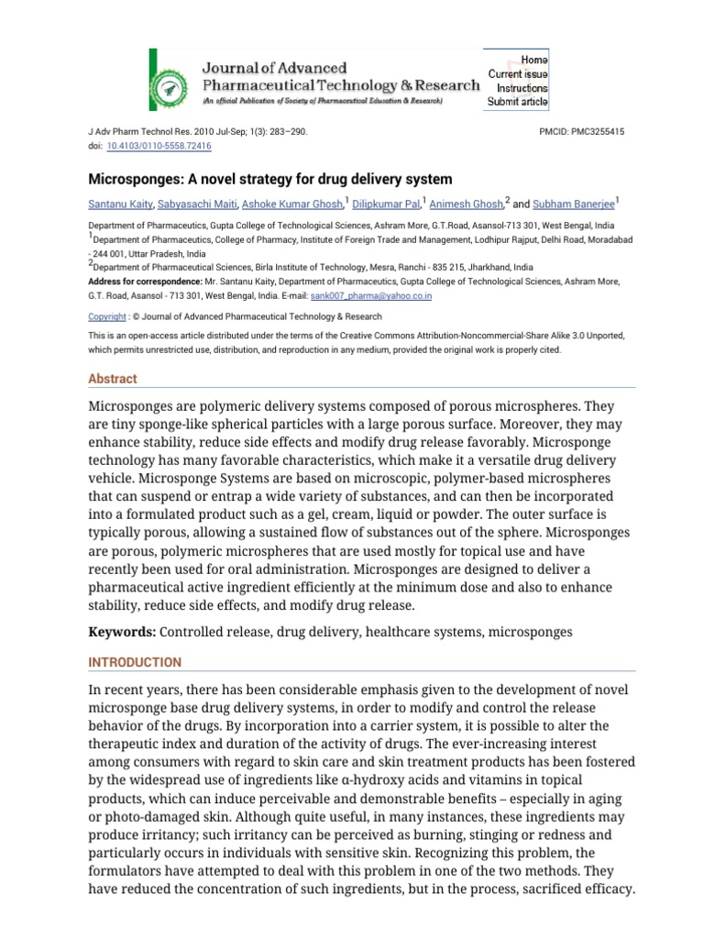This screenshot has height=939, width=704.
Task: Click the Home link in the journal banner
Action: pyautogui.click(x=533, y=59)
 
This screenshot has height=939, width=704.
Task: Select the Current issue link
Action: pyautogui.click(x=518, y=73)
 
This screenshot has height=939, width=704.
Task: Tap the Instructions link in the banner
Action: pyautogui.click(x=522, y=88)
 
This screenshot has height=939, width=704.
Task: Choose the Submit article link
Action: pyautogui.click(x=518, y=103)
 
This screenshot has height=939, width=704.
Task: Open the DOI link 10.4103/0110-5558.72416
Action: pyautogui.click(x=159, y=145)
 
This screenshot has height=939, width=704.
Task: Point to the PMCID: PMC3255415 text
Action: pyautogui.click(x=584, y=132)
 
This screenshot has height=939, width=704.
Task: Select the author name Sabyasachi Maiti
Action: pyautogui.click(x=197, y=204)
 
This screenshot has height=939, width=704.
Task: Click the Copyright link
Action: pyautogui.click(x=106, y=316)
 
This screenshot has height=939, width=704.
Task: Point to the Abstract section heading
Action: pyautogui.click(x=112, y=379)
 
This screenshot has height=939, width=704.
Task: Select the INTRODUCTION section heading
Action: pyautogui.click(x=135, y=662)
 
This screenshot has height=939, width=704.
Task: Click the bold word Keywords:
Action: pyautogui.click(x=123, y=632)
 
